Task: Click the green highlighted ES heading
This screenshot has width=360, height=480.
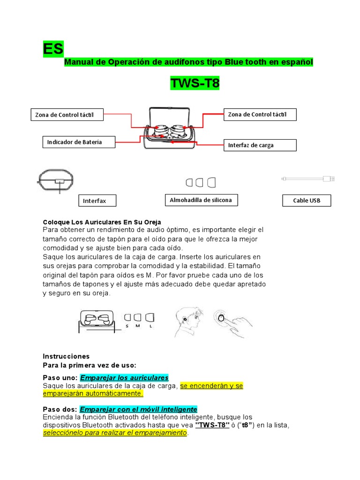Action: point(53,49)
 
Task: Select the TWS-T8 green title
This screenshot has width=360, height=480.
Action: point(195,83)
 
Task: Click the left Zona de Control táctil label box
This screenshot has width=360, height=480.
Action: point(67,115)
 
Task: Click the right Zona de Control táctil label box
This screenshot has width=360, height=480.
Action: point(260,114)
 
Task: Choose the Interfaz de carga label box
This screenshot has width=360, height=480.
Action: point(260,145)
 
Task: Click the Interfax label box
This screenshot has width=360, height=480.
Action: point(97,201)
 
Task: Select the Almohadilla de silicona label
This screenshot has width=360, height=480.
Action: point(201,200)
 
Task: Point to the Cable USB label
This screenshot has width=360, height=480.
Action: point(307,201)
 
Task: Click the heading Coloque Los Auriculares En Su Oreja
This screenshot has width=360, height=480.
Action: point(102,222)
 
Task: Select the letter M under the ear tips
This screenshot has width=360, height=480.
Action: point(138,326)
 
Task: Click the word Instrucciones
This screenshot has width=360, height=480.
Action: point(66,356)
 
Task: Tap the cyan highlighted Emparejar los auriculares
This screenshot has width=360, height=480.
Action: point(124,378)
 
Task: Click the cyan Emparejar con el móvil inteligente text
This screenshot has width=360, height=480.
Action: point(138,409)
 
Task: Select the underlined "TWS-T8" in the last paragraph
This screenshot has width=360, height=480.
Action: point(212,425)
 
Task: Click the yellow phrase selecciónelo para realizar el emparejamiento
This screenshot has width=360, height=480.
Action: point(115,433)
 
